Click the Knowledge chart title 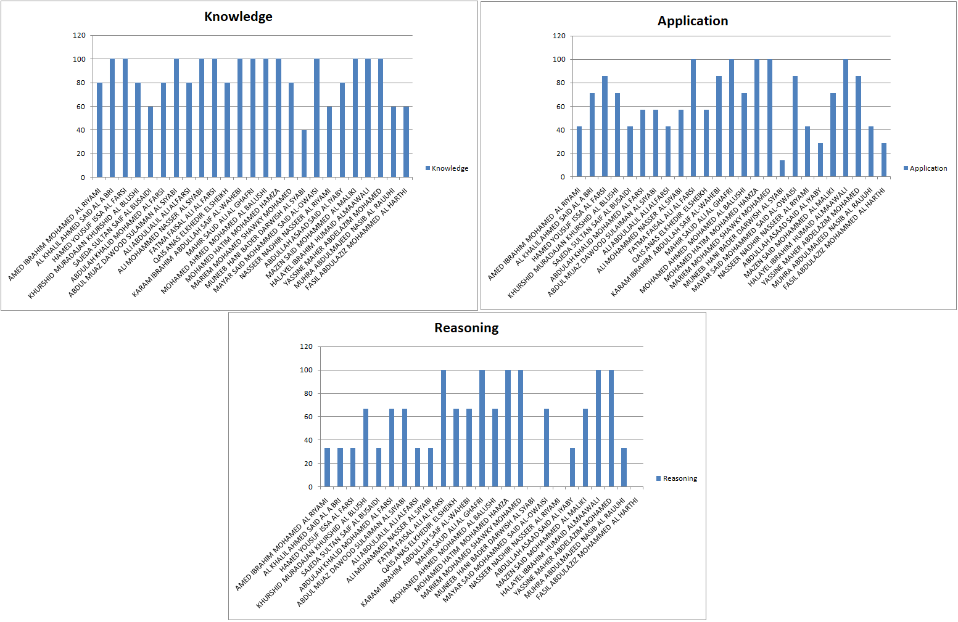pyautogui.click(x=238, y=17)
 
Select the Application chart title pyautogui.click(x=692, y=21)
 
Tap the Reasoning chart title pyautogui.click(x=466, y=328)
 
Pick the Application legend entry pyautogui.click(x=925, y=168)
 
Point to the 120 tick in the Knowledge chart pyautogui.click(x=80, y=35)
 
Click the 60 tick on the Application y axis pyautogui.click(x=560, y=107)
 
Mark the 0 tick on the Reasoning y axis pyautogui.click(x=310, y=487)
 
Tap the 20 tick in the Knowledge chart pyautogui.click(x=81, y=153)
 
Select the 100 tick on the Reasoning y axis pyautogui.click(x=307, y=370)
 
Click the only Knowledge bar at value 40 pyautogui.click(x=304, y=153)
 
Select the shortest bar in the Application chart pyautogui.click(x=782, y=169)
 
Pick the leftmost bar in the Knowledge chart pyautogui.click(x=99, y=130)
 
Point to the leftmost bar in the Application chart pyautogui.click(x=579, y=152)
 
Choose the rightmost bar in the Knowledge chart pyautogui.click(x=407, y=142)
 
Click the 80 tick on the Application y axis pyautogui.click(x=560, y=83)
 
